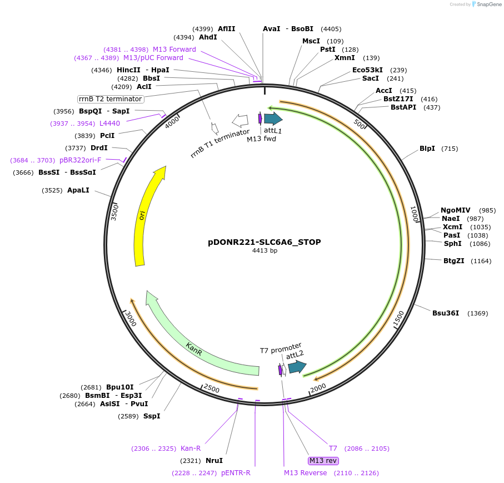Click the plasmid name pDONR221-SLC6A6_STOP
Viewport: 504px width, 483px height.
pos(265,242)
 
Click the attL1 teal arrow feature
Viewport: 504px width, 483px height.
pos(273,119)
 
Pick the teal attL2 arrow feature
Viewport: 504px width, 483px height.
pos(297,367)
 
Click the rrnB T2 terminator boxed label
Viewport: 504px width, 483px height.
pos(111,99)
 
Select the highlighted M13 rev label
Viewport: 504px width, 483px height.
pos(323,461)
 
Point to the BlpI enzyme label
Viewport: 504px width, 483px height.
pos(427,149)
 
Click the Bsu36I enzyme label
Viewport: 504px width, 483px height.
pos(446,313)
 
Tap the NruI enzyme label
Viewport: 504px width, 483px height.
pos(214,461)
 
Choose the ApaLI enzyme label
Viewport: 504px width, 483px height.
pos(78,190)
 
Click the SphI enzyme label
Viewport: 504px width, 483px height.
pos(452,244)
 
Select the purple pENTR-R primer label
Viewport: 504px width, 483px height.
pos(236,473)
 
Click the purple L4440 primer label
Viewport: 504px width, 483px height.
pos(109,124)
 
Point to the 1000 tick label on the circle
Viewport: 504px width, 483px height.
pos(414,214)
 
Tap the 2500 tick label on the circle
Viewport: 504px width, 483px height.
pos(212,388)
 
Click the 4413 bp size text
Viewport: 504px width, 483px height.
pos(265,251)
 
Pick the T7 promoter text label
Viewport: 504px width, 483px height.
pos(281,348)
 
